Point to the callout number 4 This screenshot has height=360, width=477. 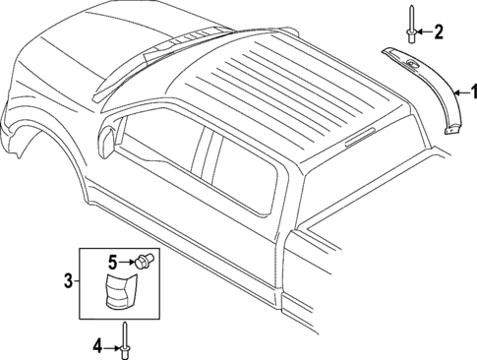click(x=97, y=344)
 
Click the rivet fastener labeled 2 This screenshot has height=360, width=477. click(x=408, y=27)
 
